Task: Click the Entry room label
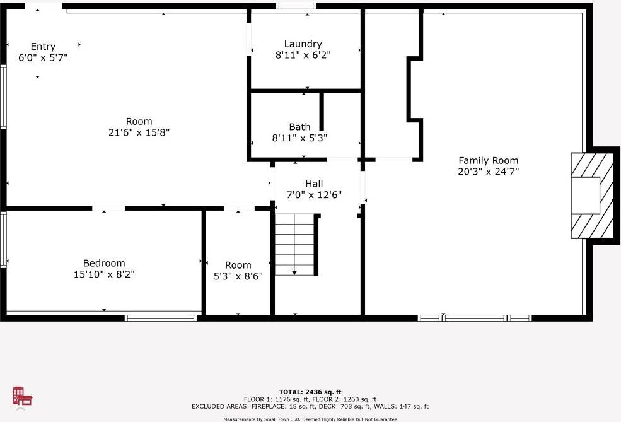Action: [43, 47]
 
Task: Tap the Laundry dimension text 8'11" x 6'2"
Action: [303, 55]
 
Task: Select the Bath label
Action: [299, 127]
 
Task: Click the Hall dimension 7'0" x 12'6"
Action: [314, 195]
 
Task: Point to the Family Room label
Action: [488, 160]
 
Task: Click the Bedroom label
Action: [104, 263]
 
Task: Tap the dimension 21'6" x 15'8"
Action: [139, 132]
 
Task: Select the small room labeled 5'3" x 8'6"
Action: [238, 271]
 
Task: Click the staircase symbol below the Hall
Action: [295, 243]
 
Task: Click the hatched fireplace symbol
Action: [592, 196]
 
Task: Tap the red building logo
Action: [21, 397]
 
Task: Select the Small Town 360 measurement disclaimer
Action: [310, 419]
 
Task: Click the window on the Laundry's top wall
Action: [296, 6]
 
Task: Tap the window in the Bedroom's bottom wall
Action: [161, 318]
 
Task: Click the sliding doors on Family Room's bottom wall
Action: [475, 318]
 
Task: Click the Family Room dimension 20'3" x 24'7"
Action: [488, 171]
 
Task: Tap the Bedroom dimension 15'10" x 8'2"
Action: [104, 274]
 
